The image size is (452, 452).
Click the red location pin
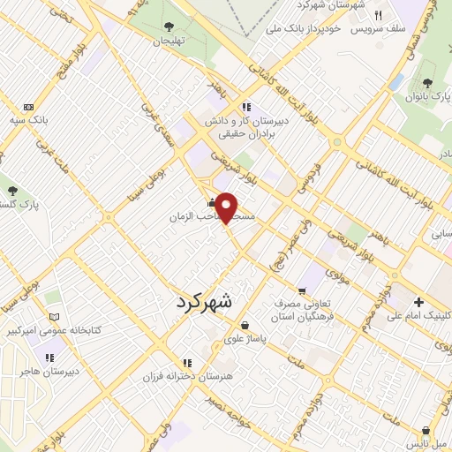227,207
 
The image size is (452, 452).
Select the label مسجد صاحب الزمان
202,215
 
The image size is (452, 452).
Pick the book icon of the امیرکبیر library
55,316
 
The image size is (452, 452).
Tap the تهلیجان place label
169,41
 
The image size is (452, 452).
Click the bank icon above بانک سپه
29,106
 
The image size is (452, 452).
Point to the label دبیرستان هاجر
50,371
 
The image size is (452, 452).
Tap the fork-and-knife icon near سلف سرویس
378,15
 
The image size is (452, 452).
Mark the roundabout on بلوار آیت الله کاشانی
335,141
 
